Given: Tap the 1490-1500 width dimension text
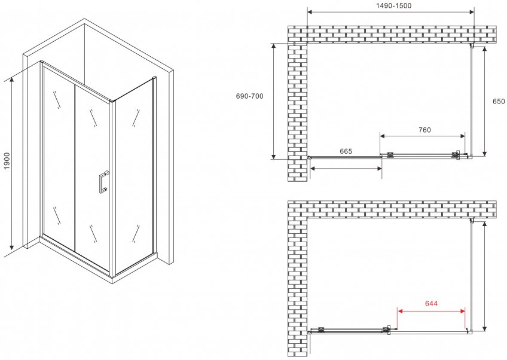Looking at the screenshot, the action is [x=393, y=5].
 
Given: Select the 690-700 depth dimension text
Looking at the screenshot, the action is [x=250, y=96].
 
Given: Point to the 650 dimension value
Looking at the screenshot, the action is [x=499, y=101].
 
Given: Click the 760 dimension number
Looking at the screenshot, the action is [x=424, y=130].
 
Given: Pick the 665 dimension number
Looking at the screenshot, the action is [x=346, y=151].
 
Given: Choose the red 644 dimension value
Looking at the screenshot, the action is [x=431, y=303].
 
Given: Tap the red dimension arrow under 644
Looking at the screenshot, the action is [x=431, y=311].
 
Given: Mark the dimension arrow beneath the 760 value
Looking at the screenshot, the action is [x=423, y=136].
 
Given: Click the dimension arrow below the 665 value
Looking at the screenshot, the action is [x=346, y=168].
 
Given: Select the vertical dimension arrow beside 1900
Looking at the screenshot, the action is [x=12, y=164].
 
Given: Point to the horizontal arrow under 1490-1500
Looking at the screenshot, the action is [x=390, y=13].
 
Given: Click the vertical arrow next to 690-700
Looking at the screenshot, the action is [x=274, y=101].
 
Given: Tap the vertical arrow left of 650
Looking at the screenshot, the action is [x=484, y=102].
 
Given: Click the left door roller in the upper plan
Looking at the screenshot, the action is [x=390, y=155].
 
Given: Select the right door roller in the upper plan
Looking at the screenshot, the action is [x=456, y=155].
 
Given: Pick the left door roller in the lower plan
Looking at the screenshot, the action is [x=322, y=330].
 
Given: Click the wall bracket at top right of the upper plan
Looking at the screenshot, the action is [x=472, y=46].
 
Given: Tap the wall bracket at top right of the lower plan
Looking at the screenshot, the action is [x=472, y=221].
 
